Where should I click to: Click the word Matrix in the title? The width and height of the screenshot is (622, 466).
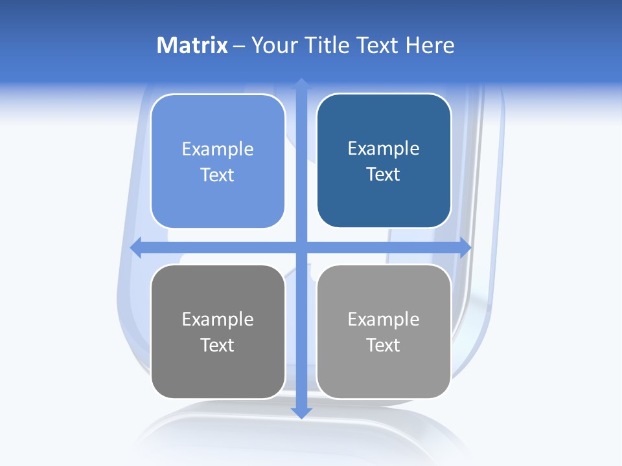click(192, 45)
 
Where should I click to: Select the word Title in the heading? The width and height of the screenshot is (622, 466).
click(330, 45)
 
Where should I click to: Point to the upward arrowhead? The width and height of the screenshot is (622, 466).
click(301, 83)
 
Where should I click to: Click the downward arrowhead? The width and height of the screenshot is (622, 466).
click(301, 413)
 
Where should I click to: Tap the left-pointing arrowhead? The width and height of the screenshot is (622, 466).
click(136, 247)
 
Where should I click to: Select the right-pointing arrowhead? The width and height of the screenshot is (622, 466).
click(465, 247)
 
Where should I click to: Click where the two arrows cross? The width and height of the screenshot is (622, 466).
click(301, 247)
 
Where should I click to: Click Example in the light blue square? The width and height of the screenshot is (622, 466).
click(218, 150)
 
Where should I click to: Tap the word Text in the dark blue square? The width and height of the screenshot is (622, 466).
click(384, 175)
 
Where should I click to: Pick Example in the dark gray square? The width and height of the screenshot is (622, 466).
click(218, 320)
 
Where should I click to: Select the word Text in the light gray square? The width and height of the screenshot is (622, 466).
click(384, 345)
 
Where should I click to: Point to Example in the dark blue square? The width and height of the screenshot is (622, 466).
click(384, 149)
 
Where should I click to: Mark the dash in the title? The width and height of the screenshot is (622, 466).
click(239, 46)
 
